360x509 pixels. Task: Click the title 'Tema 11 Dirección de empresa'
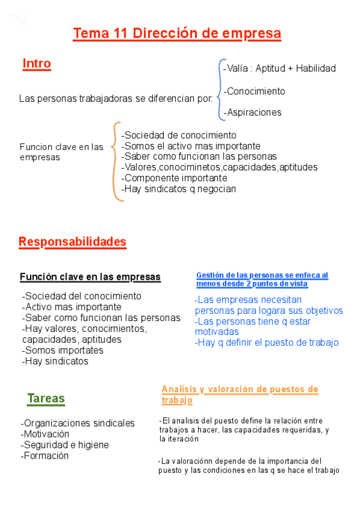pos(177,34)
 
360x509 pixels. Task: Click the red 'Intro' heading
pos(37,64)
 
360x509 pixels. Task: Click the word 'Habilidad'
pos(316,68)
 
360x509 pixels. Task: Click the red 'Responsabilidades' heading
pos(73,242)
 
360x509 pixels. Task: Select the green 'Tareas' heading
pos(46,399)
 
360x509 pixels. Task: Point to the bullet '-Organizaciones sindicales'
pos(78,423)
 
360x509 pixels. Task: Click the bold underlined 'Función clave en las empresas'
pos(90,277)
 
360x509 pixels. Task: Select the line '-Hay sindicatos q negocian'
pos(179,188)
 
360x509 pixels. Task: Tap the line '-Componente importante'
pos(174,178)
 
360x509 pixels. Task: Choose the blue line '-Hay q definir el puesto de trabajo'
pos(267,342)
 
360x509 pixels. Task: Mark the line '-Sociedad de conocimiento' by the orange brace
pos(179,135)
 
